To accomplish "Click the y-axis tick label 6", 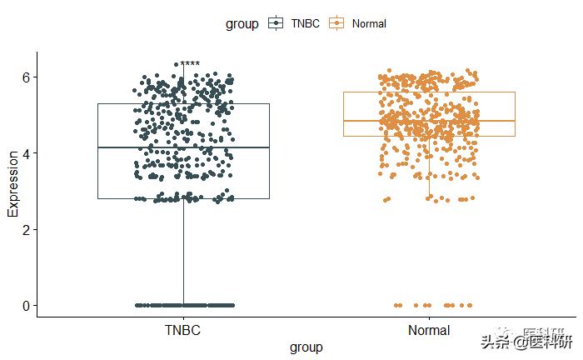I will (x=25, y=77).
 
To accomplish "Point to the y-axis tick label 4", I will (x=25, y=153).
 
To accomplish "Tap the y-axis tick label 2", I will (x=25, y=229).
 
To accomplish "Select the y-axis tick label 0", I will (x=25, y=306).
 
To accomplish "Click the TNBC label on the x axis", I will (x=183, y=331).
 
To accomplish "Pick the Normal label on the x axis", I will (x=429, y=331).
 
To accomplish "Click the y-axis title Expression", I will (x=12, y=184).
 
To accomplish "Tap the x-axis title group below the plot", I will (x=306, y=347).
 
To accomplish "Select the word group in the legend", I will (x=242, y=24).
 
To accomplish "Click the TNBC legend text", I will (x=305, y=24).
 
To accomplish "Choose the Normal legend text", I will (x=369, y=24).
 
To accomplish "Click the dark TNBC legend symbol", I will (x=276, y=24).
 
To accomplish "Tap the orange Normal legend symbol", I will (x=337, y=24).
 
